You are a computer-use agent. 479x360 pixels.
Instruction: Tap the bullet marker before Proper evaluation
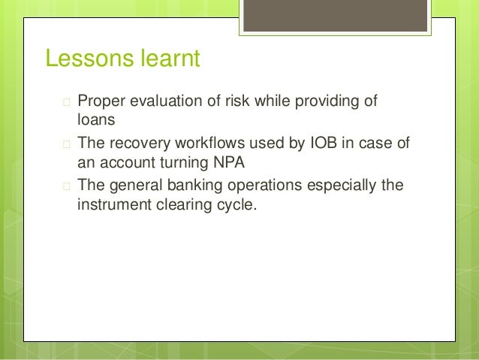click(66, 102)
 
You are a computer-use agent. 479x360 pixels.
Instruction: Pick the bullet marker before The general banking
click(66, 185)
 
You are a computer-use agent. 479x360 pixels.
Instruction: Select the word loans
click(95, 119)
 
